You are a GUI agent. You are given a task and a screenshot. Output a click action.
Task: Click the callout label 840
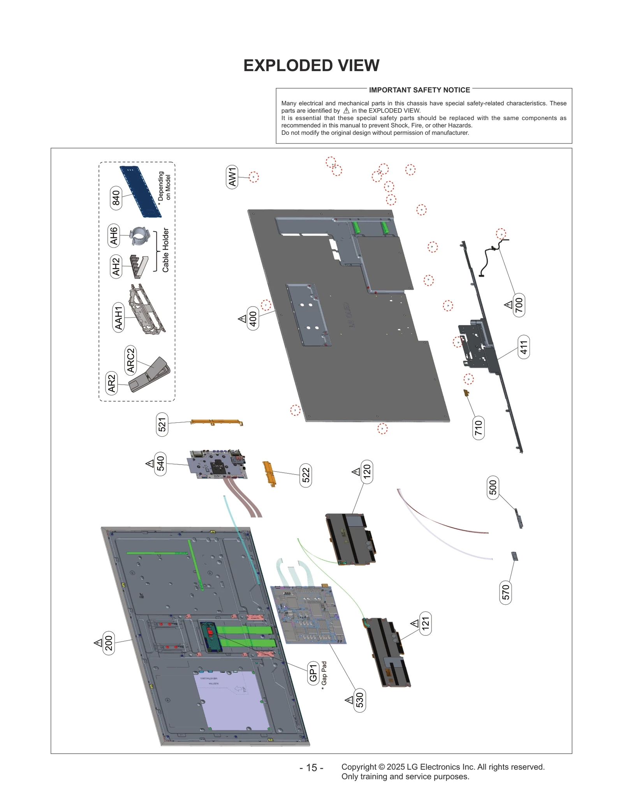point(116,198)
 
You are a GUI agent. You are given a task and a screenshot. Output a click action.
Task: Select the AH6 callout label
point(113,236)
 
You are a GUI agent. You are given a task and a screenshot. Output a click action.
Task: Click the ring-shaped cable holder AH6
point(139,236)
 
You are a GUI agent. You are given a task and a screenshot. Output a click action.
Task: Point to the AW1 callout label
point(232,177)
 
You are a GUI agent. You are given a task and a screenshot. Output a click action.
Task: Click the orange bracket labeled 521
point(216,422)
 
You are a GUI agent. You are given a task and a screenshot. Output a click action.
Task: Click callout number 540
point(160,464)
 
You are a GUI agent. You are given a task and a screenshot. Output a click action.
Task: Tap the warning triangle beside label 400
point(242,319)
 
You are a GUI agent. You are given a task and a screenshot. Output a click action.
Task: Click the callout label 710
point(478,428)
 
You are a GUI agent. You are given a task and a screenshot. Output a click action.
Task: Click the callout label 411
point(524,347)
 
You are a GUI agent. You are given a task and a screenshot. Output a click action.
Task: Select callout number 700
point(519,305)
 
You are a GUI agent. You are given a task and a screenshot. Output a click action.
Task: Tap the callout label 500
point(493,487)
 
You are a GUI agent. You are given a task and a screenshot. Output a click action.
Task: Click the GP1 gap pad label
point(313,673)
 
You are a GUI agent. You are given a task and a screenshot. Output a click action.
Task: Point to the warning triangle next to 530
point(349,700)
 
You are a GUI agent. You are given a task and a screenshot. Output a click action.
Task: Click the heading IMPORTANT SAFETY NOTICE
point(419,90)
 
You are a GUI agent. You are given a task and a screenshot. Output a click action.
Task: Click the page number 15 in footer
point(311,768)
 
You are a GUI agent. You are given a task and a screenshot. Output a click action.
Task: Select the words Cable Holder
point(165,250)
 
